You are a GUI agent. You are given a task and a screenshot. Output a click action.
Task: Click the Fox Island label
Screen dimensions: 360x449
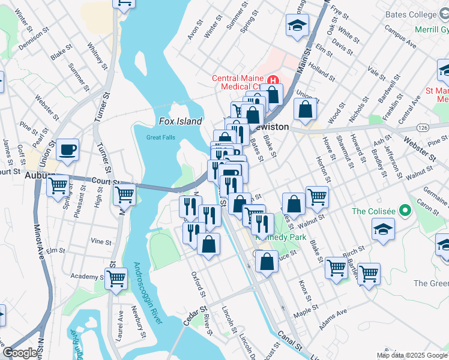coord(180,121)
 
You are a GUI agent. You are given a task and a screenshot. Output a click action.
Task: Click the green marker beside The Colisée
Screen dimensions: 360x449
coord(405,211)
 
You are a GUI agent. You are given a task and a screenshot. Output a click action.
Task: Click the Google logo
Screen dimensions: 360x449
coord(20,353)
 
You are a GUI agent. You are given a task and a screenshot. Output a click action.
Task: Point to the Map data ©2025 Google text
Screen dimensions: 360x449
coord(411,355)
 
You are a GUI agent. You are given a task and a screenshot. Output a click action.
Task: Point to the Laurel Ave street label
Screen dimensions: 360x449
coord(120,322)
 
